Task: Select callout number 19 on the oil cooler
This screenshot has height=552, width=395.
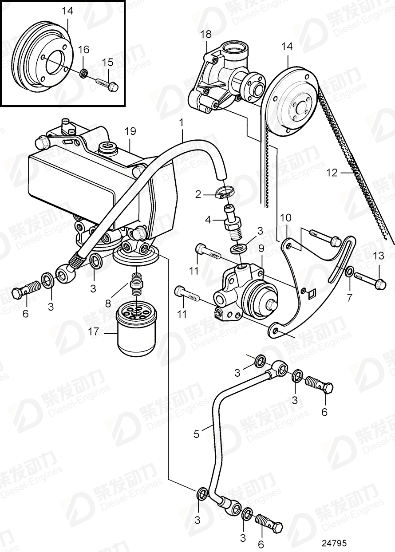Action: (x=130, y=131)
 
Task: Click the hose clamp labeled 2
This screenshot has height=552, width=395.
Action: (x=224, y=193)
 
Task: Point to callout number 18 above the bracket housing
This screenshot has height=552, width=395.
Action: (x=207, y=34)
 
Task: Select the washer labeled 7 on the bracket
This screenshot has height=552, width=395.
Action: (x=350, y=272)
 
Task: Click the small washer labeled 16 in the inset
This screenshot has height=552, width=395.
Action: (x=83, y=73)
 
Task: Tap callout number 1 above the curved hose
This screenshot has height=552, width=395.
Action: (x=181, y=121)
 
